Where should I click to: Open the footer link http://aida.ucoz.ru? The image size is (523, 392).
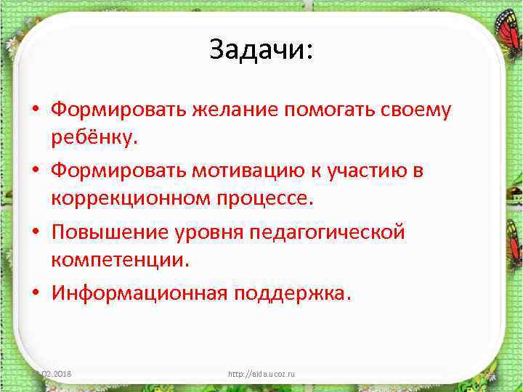[x=261, y=374]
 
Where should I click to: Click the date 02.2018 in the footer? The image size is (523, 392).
[x=61, y=374]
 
